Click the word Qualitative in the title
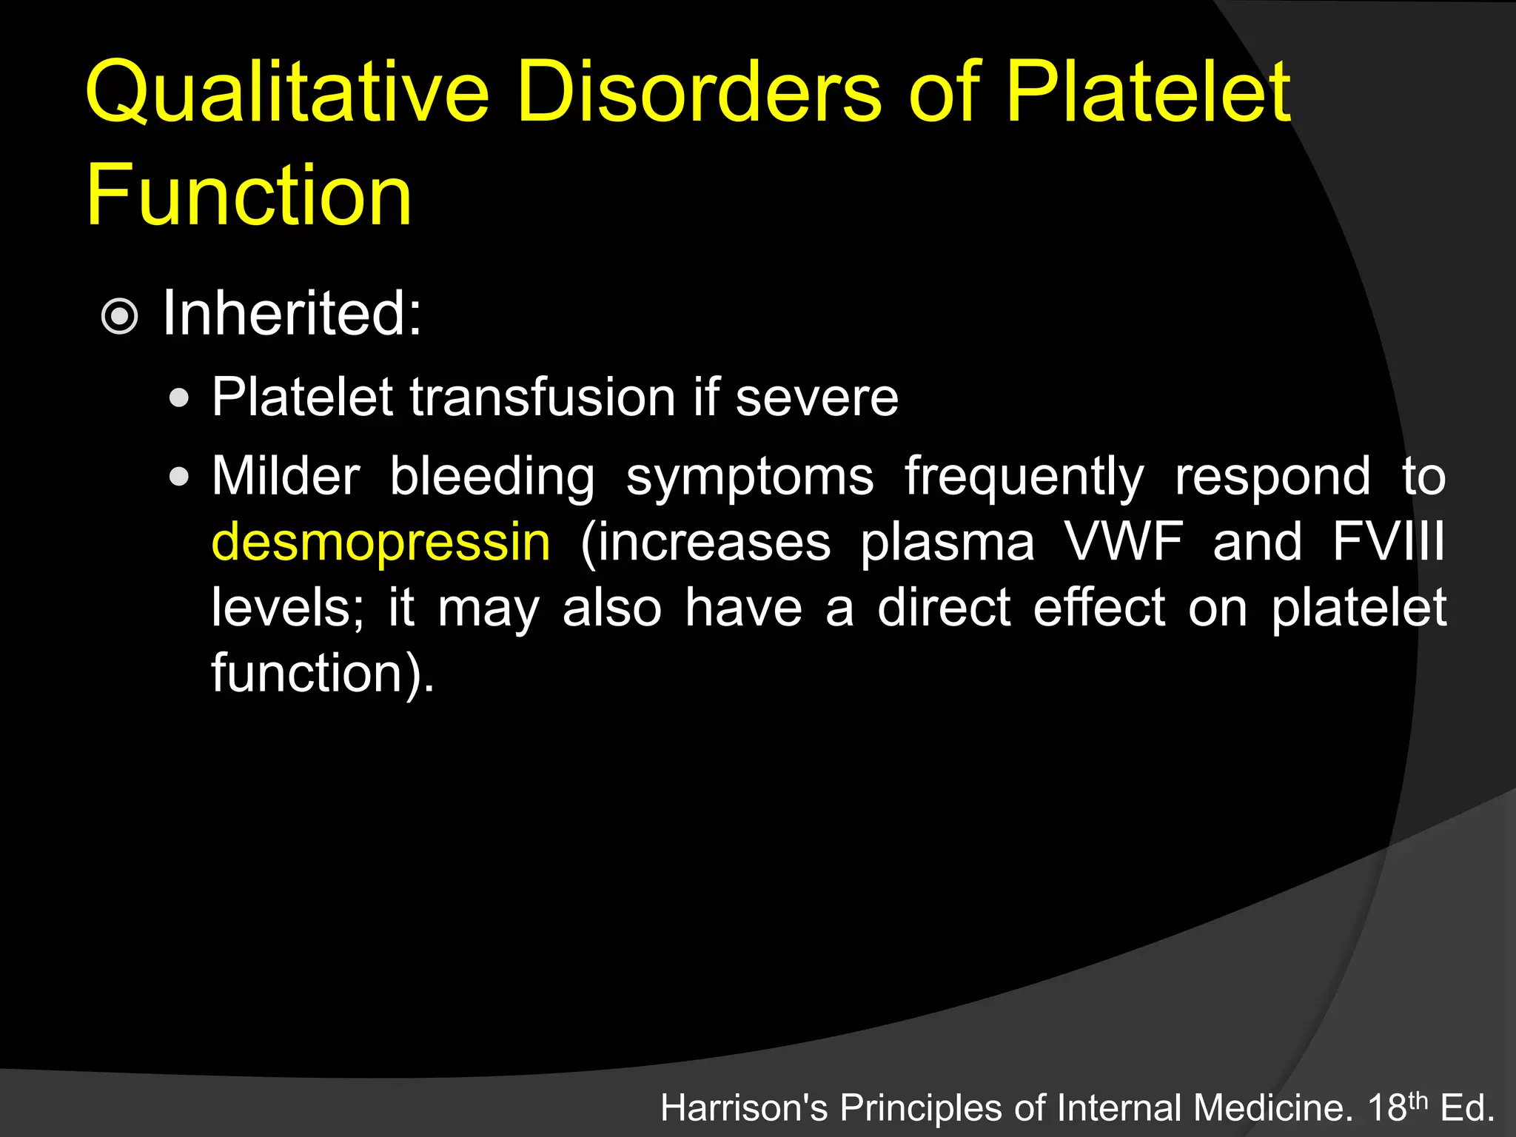[287, 93]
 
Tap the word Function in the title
[249, 195]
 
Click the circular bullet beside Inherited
[119, 317]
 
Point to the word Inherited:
[292, 313]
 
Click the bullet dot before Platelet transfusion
[178, 399]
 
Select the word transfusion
[543, 398]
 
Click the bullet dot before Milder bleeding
[178, 477]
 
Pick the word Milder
[286, 476]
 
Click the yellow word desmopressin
[381, 543]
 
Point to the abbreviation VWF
[1124, 542]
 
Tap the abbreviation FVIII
[1388, 542]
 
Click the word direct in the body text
[944, 608]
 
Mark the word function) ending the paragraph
[323, 673]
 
